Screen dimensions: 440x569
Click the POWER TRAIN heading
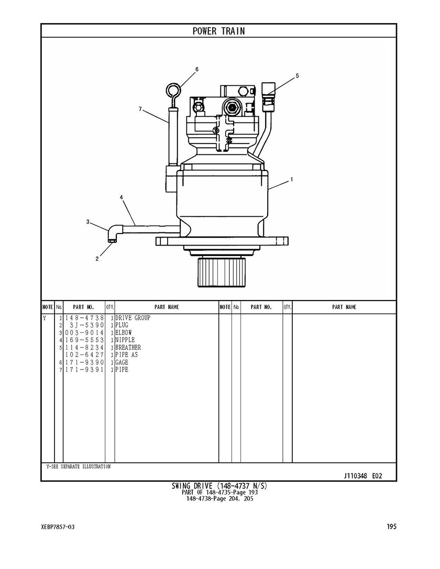[x=218, y=31]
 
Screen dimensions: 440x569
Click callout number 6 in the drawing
[x=197, y=69]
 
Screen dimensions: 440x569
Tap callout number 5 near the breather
[x=297, y=75]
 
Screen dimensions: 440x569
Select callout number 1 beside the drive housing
[x=292, y=179]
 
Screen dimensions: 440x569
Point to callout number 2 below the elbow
[x=97, y=259]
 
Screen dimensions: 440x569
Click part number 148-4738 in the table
[x=84, y=318]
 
